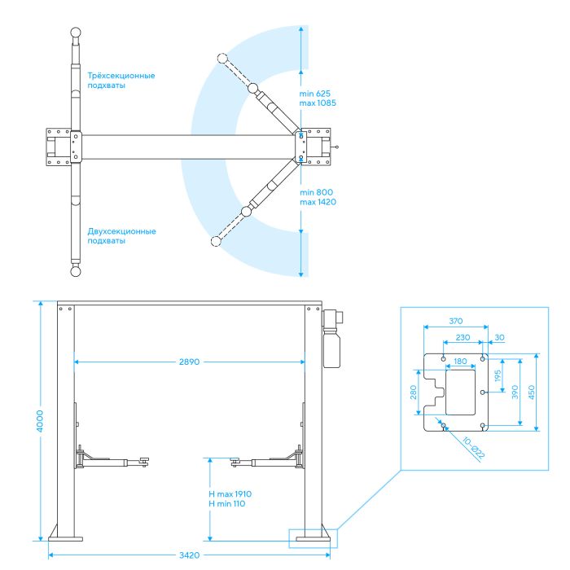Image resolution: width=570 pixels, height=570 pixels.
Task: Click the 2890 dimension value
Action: point(189,362)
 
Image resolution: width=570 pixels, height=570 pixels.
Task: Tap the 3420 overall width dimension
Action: point(189,555)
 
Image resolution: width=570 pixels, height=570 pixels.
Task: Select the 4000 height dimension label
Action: point(40,421)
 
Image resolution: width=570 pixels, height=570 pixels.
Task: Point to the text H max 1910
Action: point(230,494)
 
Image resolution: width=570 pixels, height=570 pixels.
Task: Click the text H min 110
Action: point(227,504)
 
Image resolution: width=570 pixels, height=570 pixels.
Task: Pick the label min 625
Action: point(315,94)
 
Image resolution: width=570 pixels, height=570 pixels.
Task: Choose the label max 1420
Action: point(318,202)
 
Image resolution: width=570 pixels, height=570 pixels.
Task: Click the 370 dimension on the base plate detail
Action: point(455,321)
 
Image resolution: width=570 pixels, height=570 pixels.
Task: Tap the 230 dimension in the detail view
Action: point(463,337)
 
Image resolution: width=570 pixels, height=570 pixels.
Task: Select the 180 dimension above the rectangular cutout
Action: point(460,362)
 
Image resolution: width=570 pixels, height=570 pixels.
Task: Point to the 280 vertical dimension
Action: point(414,392)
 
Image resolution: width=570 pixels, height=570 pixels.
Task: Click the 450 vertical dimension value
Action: point(532,392)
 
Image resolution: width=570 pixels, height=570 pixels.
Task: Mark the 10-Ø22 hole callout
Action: point(473,448)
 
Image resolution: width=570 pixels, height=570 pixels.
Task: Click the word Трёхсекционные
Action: point(121,76)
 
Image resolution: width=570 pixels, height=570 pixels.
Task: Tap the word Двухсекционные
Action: point(121,231)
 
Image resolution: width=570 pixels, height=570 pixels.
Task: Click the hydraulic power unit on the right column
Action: point(332,338)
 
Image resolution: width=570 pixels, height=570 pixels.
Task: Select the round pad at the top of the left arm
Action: point(76,32)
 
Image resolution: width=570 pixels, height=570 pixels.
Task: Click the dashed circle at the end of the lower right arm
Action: point(216,241)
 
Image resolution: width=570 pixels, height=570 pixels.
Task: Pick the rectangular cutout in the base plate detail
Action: point(461,392)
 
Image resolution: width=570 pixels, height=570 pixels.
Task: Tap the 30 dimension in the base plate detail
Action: point(499,337)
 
